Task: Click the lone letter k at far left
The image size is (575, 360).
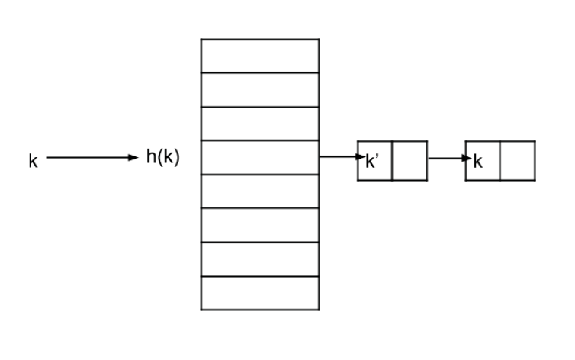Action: pyautogui.click(x=33, y=161)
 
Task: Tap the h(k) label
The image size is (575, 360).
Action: pyautogui.click(x=163, y=157)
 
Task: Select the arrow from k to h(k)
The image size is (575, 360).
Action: pyautogui.click(x=92, y=158)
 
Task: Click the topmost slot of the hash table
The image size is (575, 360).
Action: pyautogui.click(x=260, y=56)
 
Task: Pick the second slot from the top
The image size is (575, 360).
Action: pyautogui.click(x=260, y=90)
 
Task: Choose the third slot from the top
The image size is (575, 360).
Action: pyautogui.click(x=260, y=124)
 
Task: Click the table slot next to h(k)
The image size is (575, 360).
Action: pyautogui.click(x=260, y=158)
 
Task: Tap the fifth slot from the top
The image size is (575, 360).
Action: pyautogui.click(x=260, y=191)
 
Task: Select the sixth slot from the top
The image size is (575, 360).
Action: pyautogui.click(x=260, y=225)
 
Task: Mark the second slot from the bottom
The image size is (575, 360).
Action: pyautogui.click(x=260, y=259)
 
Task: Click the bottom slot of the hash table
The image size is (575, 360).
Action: pyautogui.click(x=260, y=294)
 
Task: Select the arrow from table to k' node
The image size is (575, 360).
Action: pyautogui.click(x=342, y=157)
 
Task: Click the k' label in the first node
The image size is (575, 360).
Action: pyautogui.click(x=372, y=161)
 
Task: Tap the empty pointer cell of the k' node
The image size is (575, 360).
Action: pyautogui.click(x=410, y=161)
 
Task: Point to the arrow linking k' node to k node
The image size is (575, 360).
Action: pyautogui.click(x=450, y=159)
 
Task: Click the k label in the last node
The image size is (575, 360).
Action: pyautogui.click(x=478, y=161)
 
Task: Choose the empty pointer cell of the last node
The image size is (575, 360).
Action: pyautogui.click(x=518, y=161)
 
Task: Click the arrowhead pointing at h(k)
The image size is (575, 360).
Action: pyautogui.click(x=133, y=158)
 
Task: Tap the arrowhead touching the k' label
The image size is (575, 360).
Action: pyautogui.click(x=361, y=157)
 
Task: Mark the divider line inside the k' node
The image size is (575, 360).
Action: pyautogui.click(x=392, y=161)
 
